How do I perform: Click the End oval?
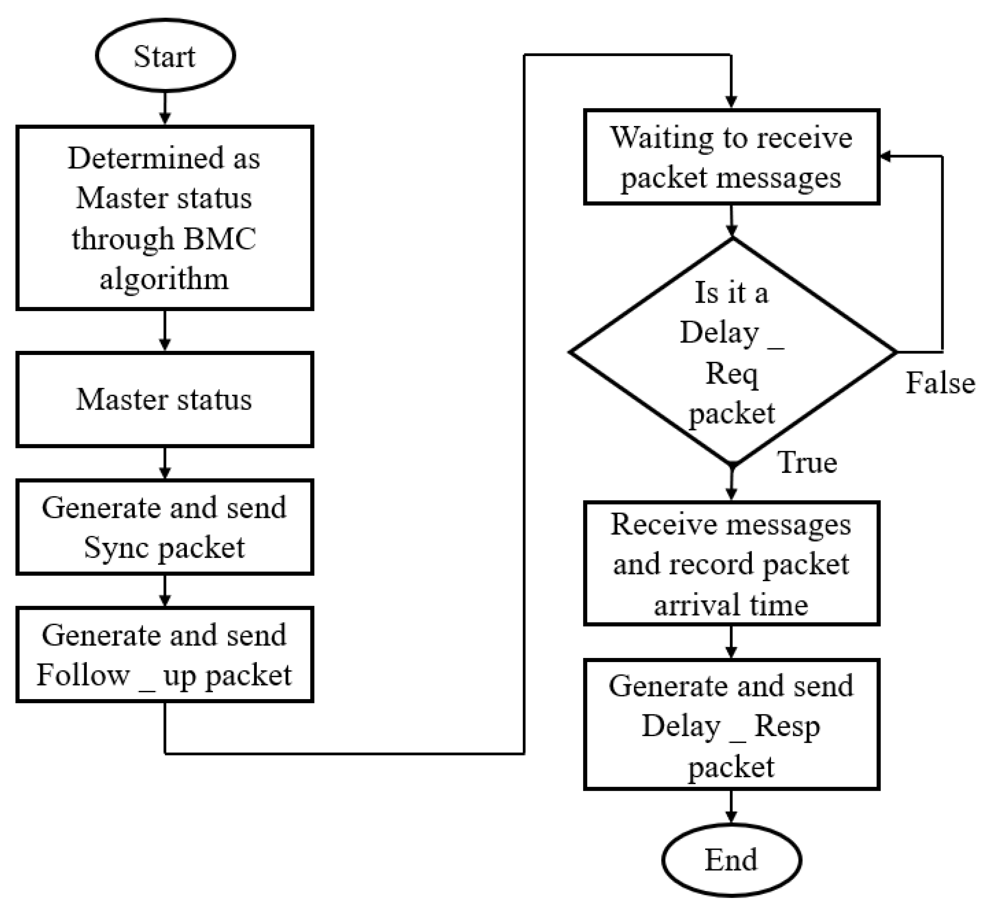[731, 860]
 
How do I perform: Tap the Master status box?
[164, 399]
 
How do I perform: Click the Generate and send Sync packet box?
[164, 527]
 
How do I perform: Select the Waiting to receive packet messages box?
[731, 157]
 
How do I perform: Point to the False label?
[940, 383]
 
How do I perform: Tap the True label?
[807, 463]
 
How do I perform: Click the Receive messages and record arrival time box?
[731, 564]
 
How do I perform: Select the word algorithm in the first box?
[164, 280]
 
